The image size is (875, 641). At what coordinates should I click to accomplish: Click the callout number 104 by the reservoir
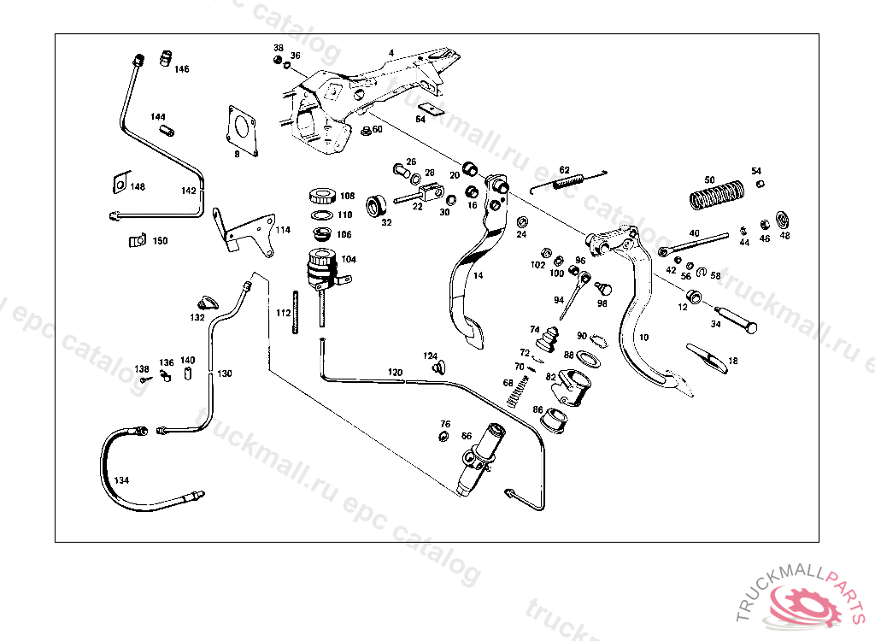349,259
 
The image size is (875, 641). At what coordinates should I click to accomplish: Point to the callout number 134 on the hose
121,481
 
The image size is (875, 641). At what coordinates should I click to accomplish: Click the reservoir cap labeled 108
324,195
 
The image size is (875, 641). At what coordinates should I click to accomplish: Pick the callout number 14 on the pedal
478,275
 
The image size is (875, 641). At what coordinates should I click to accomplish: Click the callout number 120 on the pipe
394,373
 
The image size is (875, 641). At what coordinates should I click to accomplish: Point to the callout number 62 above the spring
564,169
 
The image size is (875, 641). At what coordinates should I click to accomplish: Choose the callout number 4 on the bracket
391,53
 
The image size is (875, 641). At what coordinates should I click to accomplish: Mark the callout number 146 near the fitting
181,68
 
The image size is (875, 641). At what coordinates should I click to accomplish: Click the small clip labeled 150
134,242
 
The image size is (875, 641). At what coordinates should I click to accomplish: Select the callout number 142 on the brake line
188,191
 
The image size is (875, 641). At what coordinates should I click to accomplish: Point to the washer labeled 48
783,219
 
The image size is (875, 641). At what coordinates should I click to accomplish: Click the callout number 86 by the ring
537,409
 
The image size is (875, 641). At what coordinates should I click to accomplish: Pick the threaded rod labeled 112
297,313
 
